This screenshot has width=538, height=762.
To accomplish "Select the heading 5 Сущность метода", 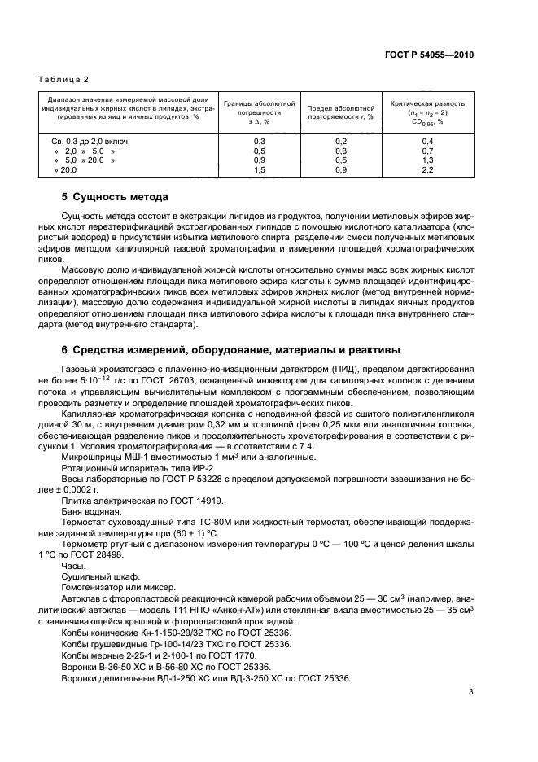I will pyautogui.click(x=115, y=198).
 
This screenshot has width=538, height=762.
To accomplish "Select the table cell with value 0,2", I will pyautogui.click(x=341, y=141).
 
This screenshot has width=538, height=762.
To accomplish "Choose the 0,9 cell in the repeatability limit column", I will pyautogui.click(x=341, y=170).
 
